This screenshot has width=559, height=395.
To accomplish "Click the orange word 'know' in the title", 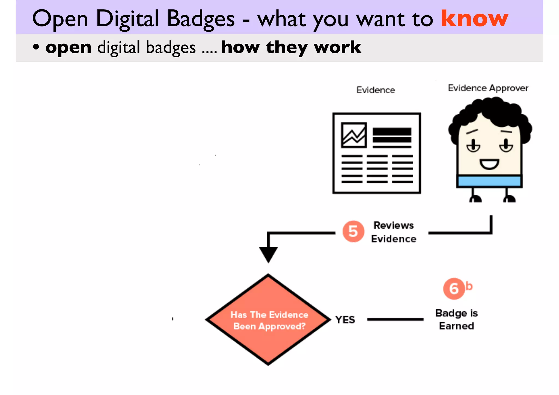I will coord(474,19).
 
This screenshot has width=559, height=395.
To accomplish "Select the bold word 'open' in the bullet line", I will coord(68,47).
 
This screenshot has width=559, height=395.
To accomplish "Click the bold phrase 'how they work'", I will coord(291,47).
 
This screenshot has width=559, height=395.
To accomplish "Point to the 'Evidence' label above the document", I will coord(376,90).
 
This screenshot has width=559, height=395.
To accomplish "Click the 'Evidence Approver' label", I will coord(488,88).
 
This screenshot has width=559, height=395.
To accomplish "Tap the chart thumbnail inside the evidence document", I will coord(354,135).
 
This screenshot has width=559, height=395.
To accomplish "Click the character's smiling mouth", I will coord(489,164).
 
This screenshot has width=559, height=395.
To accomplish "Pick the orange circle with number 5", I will coord(353,231).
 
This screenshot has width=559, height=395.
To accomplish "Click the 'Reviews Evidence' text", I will coord(394,232).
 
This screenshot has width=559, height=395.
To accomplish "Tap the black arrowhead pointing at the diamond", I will coord(268,254).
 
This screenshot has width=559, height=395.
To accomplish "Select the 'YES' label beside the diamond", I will coord(345,320).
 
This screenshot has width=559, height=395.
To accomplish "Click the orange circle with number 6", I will coord(454,289).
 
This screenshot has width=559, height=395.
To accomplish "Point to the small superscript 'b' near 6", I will coord(469,286).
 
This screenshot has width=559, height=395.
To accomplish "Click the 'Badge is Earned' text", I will coord(456,319).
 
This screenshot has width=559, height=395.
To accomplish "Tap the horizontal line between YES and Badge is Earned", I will coord(395,319).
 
